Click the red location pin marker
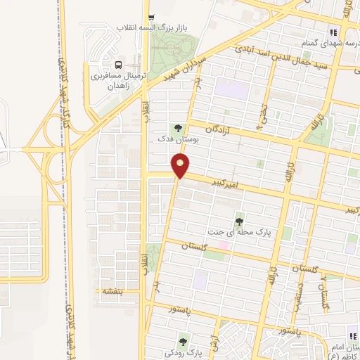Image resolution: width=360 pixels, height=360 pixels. tap(181, 167)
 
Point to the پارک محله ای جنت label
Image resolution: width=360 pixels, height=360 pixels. tap(239, 231)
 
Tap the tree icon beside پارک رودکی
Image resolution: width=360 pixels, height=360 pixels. tap(184, 342)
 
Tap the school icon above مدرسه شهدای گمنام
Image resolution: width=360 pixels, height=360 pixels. tap(333, 32)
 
